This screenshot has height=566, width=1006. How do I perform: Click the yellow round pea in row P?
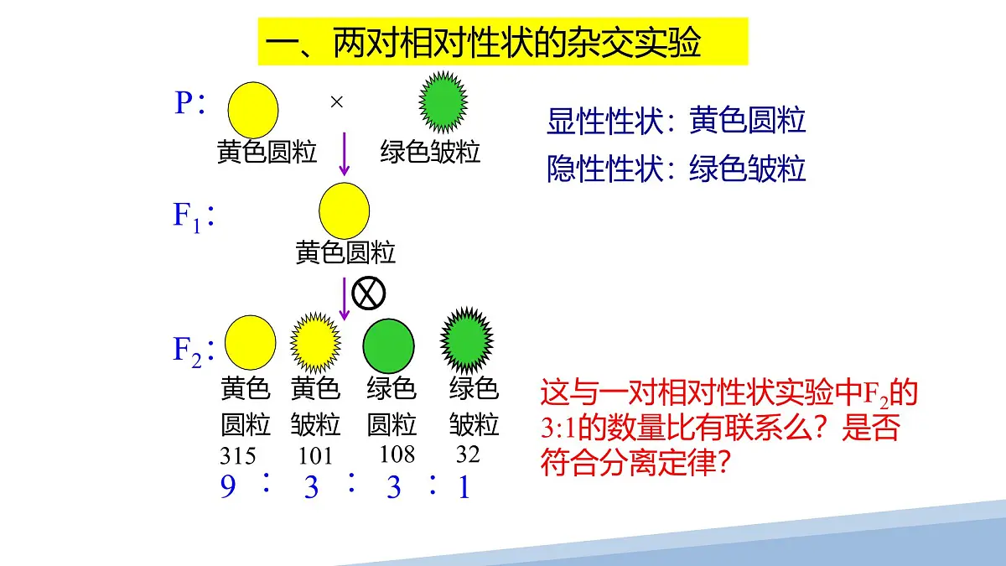(x=252, y=110)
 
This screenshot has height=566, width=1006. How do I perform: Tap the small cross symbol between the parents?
(x=337, y=102)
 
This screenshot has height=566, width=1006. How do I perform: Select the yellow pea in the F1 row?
(x=344, y=211)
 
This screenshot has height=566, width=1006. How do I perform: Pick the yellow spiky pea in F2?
(x=315, y=344)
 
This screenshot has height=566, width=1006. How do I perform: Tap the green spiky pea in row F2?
(x=467, y=342)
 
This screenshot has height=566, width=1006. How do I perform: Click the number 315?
(x=237, y=456)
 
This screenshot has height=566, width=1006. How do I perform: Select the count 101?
(x=315, y=456)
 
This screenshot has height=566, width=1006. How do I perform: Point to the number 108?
(x=397, y=454)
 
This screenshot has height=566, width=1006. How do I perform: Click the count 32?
(x=468, y=454)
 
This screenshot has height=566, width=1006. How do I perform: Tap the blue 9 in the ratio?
(x=228, y=487)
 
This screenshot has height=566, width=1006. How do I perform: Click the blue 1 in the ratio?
(x=464, y=487)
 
